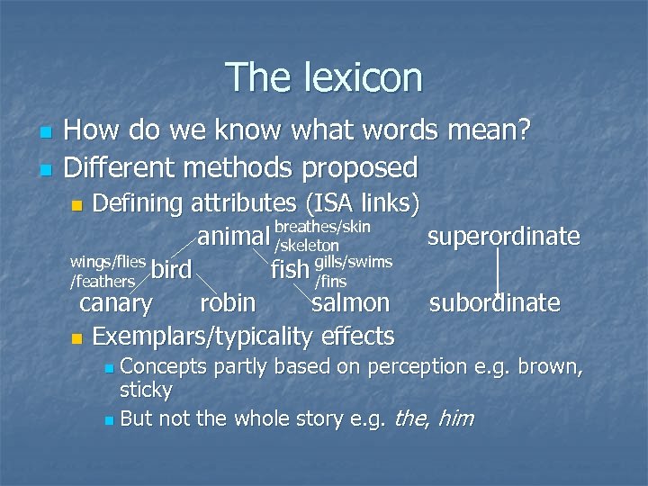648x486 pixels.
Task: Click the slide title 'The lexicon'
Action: (x=324, y=77)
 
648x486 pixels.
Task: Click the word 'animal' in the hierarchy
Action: (x=233, y=237)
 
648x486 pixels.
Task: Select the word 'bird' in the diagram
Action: (x=171, y=270)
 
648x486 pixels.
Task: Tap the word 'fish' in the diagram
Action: (x=290, y=269)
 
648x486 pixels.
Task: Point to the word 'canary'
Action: (x=116, y=302)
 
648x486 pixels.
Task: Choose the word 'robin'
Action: (x=228, y=302)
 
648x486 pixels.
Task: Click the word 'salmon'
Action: (x=350, y=302)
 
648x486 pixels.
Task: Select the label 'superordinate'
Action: (x=503, y=237)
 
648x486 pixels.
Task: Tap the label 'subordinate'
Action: (x=494, y=303)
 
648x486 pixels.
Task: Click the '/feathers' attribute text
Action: (x=102, y=282)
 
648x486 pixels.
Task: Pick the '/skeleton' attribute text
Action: (x=307, y=246)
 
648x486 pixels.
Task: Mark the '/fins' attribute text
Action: (x=330, y=282)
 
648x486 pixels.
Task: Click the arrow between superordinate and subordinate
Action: (x=498, y=270)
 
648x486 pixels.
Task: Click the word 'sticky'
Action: (x=146, y=391)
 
